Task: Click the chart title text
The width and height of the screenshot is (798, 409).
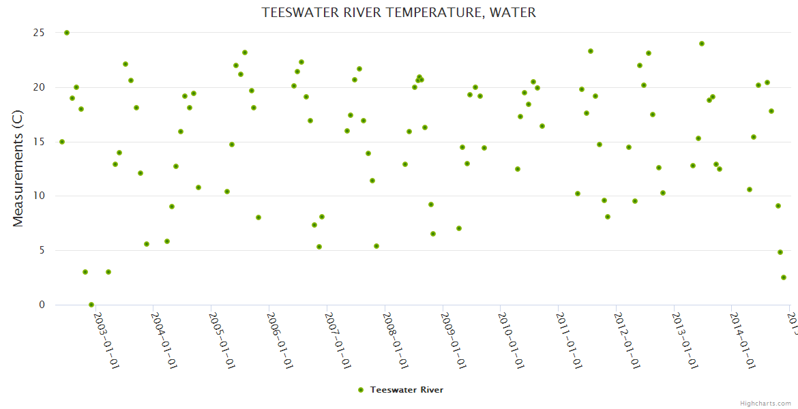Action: click(x=399, y=12)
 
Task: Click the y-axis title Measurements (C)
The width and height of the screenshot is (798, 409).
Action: click(x=18, y=168)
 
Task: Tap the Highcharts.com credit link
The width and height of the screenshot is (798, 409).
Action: click(x=766, y=403)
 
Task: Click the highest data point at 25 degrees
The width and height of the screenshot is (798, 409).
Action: click(x=67, y=33)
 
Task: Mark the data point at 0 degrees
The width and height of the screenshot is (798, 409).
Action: click(x=91, y=305)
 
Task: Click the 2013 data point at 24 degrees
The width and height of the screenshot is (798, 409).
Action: click(x=702, y=44)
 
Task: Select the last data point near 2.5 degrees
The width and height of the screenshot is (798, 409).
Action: click(x=784, y=277)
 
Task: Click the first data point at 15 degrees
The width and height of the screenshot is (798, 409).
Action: click(x=62, y=142)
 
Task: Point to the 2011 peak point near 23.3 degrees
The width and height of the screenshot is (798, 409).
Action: click(x=591, y=51)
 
